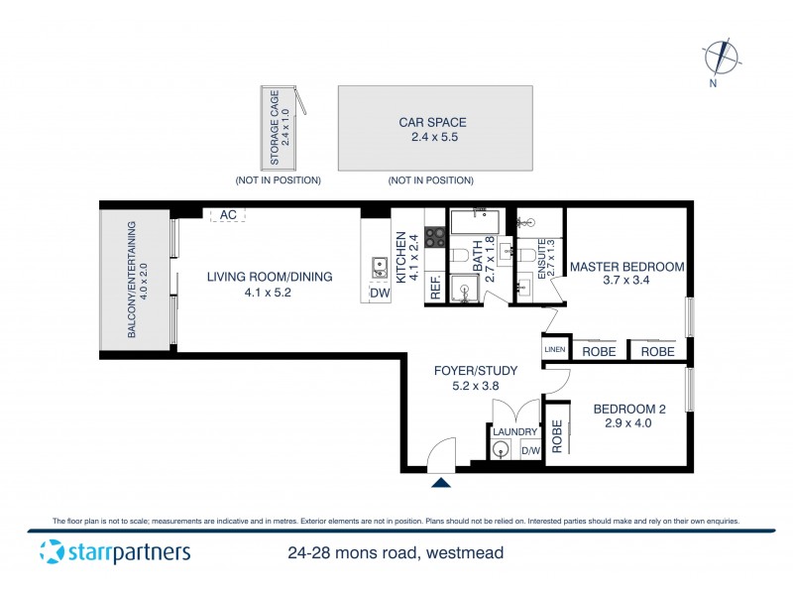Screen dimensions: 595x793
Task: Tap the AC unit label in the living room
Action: pyautogui.click(x=228, y=214)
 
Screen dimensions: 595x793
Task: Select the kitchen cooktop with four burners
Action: pyautogui.click(x=435, y=237)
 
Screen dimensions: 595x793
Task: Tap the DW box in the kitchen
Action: pyautogui.click(x=379, y=293)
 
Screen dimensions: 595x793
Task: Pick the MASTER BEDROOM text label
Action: pyautogui.click(x=626, y=267)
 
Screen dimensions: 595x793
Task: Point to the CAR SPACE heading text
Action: pyautogui.click(x=432, y=123)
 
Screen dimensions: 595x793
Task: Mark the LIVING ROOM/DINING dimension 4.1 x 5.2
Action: pyautogui.click(x=269, y=293)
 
